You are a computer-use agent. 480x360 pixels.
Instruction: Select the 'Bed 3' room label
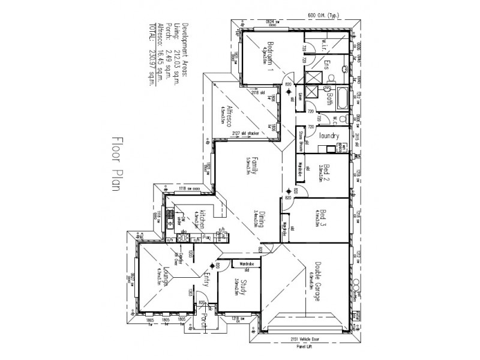pos(323,220)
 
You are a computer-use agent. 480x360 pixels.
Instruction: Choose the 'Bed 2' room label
pos(323,172)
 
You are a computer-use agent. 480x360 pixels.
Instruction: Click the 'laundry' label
pos(329,136)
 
